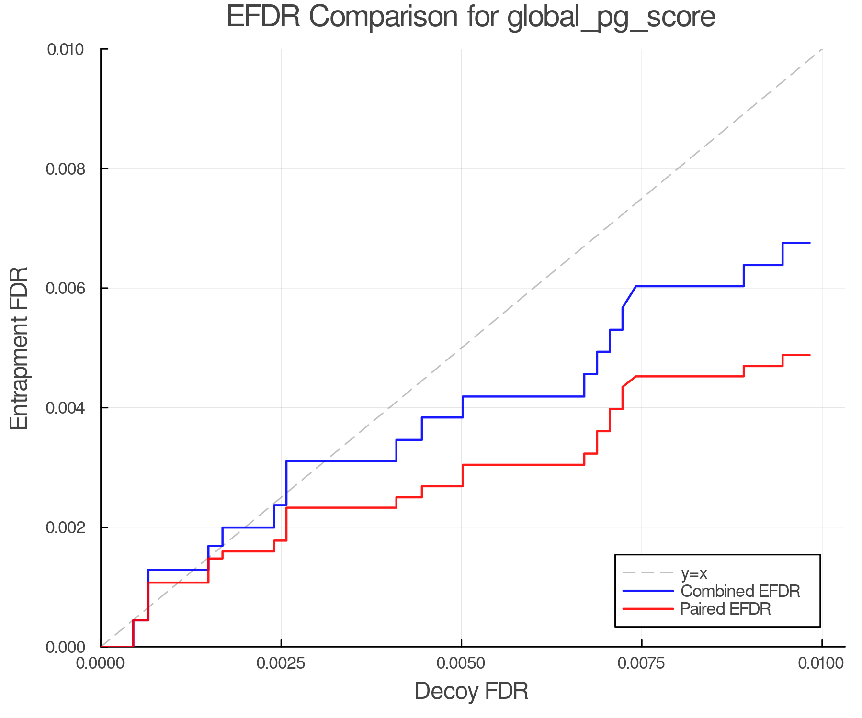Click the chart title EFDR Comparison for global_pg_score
coord(471,17)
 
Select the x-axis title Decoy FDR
coord(471,691)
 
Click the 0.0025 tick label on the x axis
coord(281,664)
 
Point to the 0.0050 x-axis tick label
coord(462,664)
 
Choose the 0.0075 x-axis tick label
coord(642,664)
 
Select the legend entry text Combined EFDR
coord(740,591)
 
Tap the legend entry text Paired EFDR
coord(726,609)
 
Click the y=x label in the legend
coord(694,573)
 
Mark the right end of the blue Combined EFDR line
coord(809,243)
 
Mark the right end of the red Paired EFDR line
coord(809,355)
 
